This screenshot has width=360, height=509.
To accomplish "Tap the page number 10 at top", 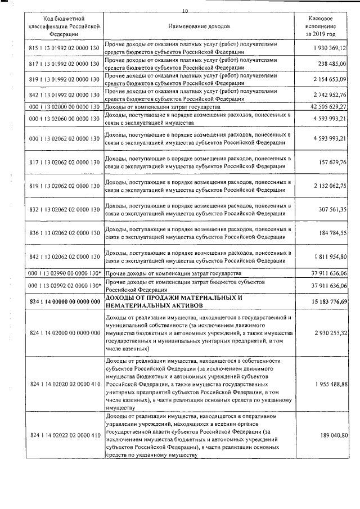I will point(186,11).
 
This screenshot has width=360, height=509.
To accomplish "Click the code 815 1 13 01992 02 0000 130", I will point(64,49).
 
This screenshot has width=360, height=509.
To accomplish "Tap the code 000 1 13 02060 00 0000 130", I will point(64,119).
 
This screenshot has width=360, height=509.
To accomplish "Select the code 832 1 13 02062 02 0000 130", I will point(64,210).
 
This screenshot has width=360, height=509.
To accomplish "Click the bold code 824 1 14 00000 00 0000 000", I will point(64,301).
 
